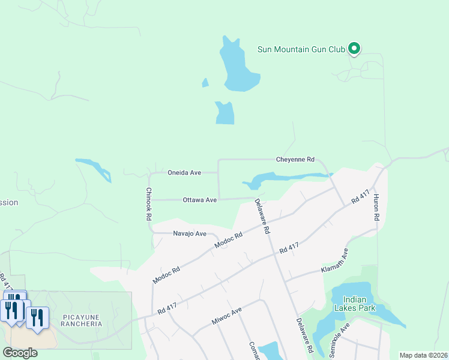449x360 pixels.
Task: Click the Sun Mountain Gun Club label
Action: click(x=301, y=49)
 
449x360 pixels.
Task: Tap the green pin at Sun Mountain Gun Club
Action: click(x=354, y=48)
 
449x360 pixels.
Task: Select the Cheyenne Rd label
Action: click(x=295, y=160)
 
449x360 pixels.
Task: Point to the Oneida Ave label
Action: click(x=184, y=172)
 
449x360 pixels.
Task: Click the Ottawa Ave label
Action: click(x=200, y=200)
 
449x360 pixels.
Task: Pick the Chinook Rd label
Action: click(x=148, y=205)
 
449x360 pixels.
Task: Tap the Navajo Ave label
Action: click(x=190, y=233)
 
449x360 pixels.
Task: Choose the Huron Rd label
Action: click(x=377, y=207)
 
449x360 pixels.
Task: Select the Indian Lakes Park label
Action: click(x=359, y=304)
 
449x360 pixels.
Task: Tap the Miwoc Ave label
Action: click(x=226, y=317)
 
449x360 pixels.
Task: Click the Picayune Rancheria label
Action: click(x=81, y=319)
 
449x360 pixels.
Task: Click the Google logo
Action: click(x=20, y=353)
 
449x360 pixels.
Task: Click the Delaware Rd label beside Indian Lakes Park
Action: click(x=304, y=335)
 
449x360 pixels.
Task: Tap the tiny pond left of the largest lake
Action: click(x=205, y=83)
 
